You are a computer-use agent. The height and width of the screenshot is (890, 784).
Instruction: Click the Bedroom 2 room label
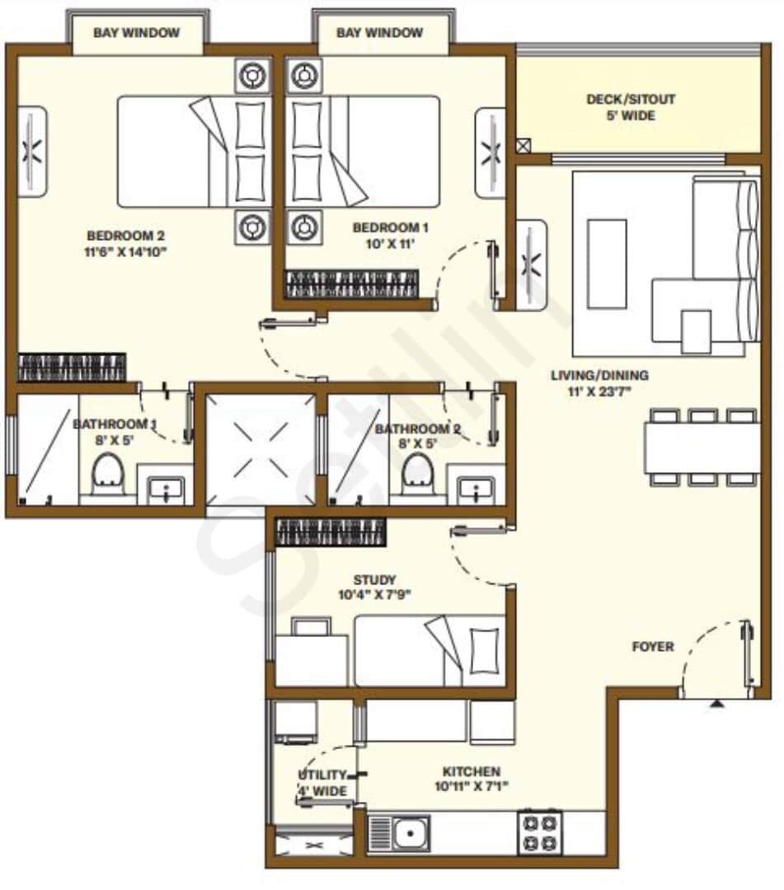(126, 235)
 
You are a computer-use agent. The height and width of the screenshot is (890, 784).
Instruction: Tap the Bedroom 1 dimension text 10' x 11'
(391, 243)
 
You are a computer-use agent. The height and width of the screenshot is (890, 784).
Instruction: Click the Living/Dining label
(599, 376)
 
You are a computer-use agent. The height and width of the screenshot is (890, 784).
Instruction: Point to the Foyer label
(653, 647)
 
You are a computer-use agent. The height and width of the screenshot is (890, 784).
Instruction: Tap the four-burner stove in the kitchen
(540, 832)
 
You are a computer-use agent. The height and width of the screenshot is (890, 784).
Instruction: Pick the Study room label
(374, 580)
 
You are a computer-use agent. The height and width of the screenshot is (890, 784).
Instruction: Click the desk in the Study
(311, 655)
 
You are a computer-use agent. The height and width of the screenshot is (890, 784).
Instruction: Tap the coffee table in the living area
(607, 252)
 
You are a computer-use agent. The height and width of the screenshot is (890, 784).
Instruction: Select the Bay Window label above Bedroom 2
(137, 33)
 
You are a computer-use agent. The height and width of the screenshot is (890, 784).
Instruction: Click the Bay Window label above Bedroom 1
(380, 33)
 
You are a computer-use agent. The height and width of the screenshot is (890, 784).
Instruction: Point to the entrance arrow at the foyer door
(718, 705)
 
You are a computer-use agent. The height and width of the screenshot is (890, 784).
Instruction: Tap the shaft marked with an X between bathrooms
(260, 449)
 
